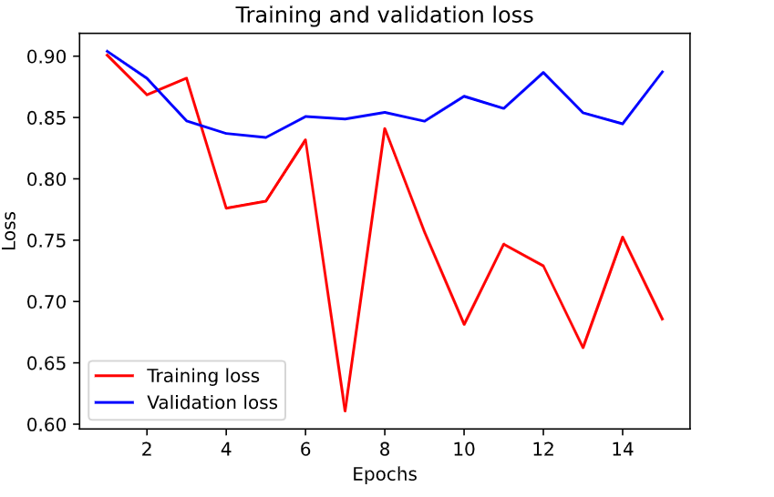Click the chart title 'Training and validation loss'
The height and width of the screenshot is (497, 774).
click(x=384, y=15)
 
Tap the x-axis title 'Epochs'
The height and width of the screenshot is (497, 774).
click(x=384, y=474)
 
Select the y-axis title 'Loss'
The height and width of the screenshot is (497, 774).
click(x=10, y=229)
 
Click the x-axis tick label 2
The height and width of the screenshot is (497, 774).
click(x=147, y=450)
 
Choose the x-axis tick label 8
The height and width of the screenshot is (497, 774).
click(x=385, y=450)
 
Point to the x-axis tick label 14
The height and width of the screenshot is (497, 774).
click(x=622, y=450)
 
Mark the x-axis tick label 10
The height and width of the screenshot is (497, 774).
click(x=464, y=450)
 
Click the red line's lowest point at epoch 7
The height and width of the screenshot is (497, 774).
click(x=345, y=411)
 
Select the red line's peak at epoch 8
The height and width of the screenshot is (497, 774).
click(x=385, y=128)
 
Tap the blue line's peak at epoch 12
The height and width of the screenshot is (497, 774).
click(x=543, y=72)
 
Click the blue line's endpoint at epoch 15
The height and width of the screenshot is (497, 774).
click(x=662, y=71)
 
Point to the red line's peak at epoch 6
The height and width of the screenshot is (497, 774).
click(x=305, y=139)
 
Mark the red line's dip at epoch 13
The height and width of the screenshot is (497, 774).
click(x=583, y=348)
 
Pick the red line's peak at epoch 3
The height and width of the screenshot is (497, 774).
click(x=186, y=78)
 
